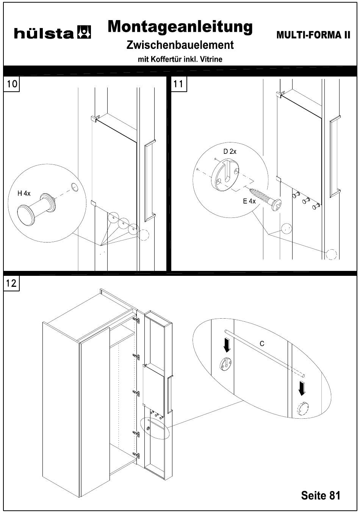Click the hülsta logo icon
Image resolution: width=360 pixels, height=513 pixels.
point(84,33)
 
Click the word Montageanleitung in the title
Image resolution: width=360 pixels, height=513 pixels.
point(180,27)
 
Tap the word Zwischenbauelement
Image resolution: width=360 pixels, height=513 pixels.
point(180,45)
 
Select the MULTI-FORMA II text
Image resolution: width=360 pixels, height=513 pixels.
point(313,35)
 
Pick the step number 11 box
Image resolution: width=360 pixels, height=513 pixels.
point(179,84)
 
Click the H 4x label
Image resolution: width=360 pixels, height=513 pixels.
point(23,193)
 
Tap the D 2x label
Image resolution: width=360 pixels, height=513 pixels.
point(230,152)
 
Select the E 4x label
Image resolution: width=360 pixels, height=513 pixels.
point(249,201)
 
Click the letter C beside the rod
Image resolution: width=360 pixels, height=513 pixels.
point(262,344)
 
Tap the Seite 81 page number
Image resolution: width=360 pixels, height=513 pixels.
point(321,495)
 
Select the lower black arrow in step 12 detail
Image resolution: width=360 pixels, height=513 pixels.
point(302,388)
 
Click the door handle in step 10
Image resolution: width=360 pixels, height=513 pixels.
point(150,180)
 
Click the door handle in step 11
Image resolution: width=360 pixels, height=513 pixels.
point(335,156)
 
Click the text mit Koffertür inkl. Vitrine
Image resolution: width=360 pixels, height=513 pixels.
point(180,59)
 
